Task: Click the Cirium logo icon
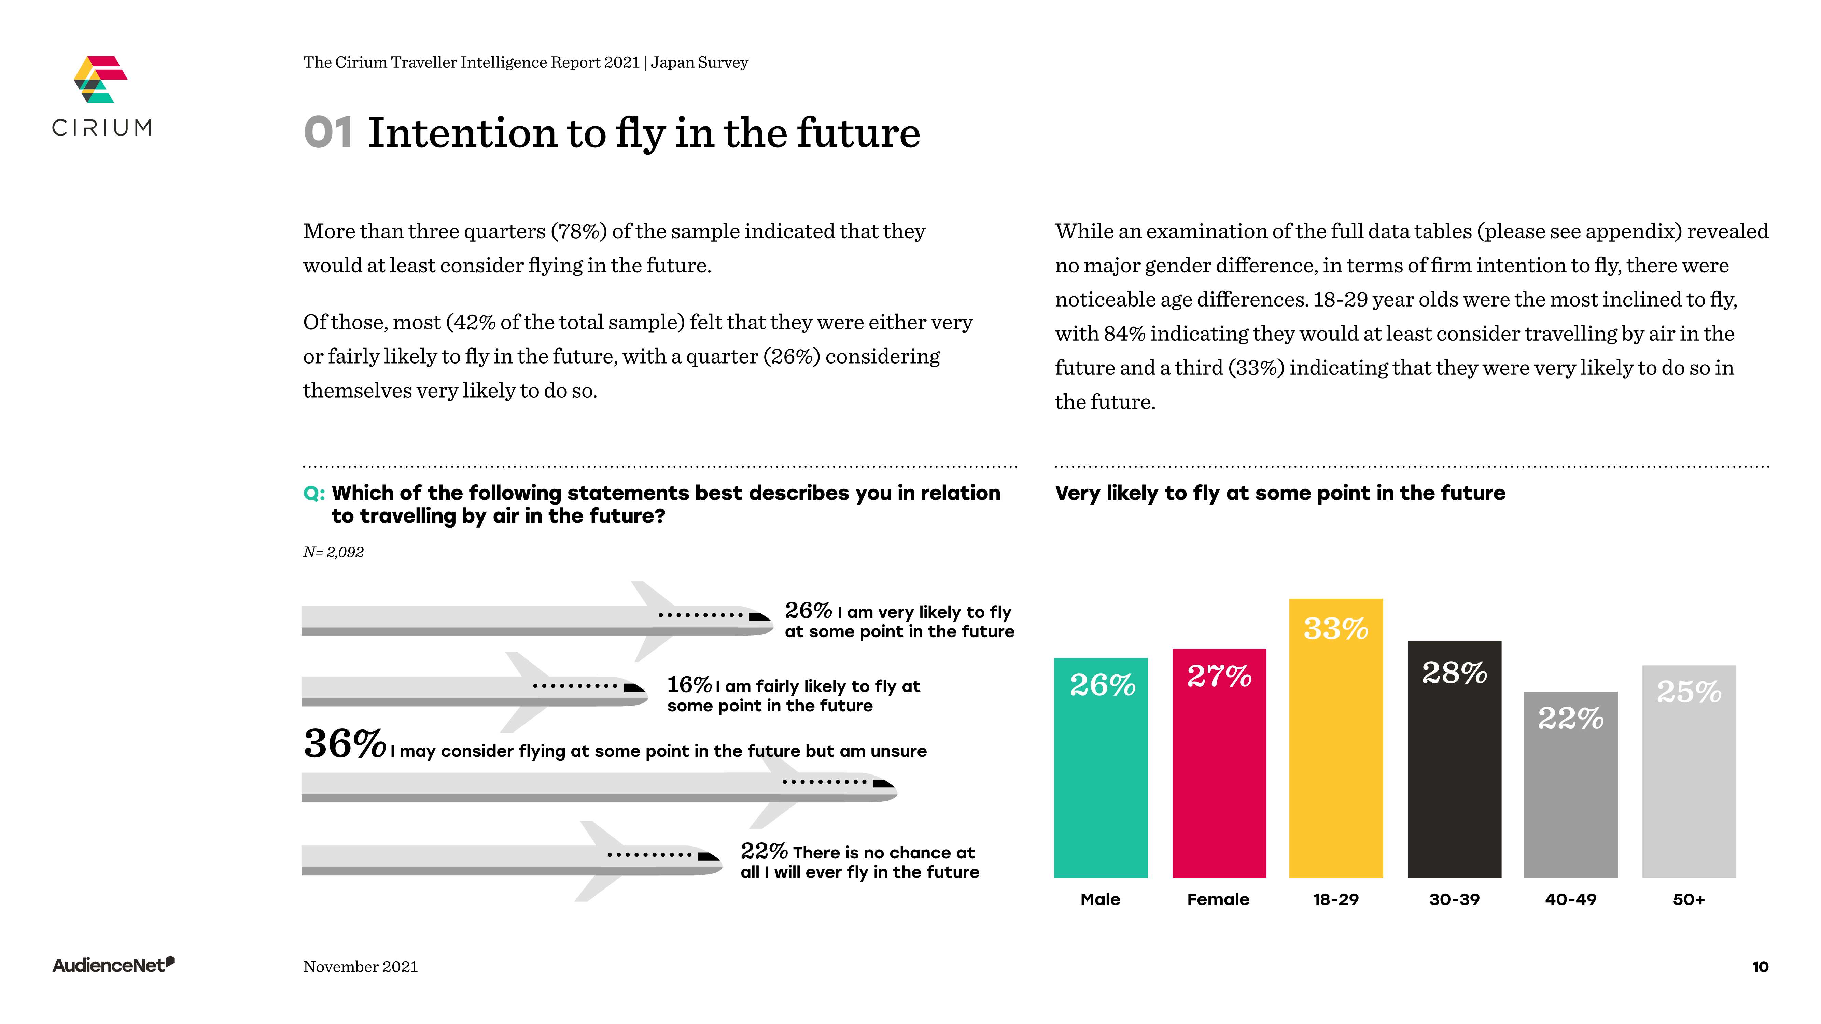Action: pyautogui.click(x=100, y=79)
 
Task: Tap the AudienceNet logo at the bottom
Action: pyautogui.click(x=113, y=965)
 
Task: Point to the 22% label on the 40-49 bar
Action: pyautogui.click(x=1571, y=719)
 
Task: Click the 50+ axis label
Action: pyautogui.click(x=1689, y=900)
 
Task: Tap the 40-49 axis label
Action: pyautogui.click(x=1571, y=900)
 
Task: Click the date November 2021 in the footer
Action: pyautogui.click(x=361, y=967)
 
